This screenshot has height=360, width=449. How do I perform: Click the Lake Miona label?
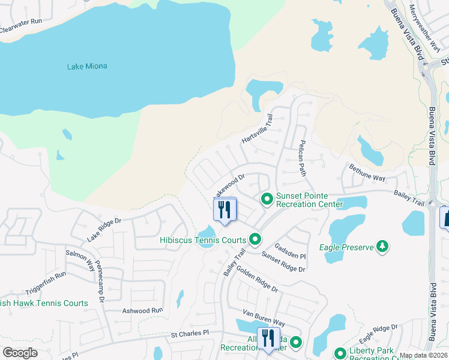click(x=87, y=66)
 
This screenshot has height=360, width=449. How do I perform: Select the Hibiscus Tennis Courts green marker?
click(x=255, y=240)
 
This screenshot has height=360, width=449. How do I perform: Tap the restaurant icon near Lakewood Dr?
click(x=225, y=209)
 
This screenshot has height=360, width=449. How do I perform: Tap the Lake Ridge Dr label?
click(x=104, y=230)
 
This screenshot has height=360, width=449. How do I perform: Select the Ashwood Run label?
click(x=142, y=311)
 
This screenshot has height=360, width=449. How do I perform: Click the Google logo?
click(x=20, y=352)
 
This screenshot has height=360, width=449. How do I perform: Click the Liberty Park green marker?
click(x=340, y=353)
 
